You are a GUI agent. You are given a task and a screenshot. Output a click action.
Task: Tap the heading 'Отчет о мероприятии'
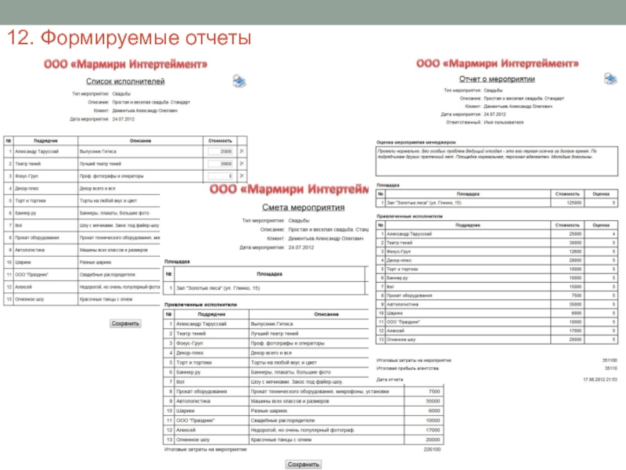point(496,79)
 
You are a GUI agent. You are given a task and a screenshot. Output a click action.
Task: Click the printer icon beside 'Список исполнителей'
point(239,80)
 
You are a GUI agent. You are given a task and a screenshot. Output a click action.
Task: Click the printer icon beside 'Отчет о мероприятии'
point(609,78)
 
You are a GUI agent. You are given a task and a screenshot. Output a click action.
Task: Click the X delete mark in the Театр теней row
point(241,164)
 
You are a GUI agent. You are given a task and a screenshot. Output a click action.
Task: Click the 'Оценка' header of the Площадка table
point(601,192)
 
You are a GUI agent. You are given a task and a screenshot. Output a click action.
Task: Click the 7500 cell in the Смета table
point(434,391)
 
